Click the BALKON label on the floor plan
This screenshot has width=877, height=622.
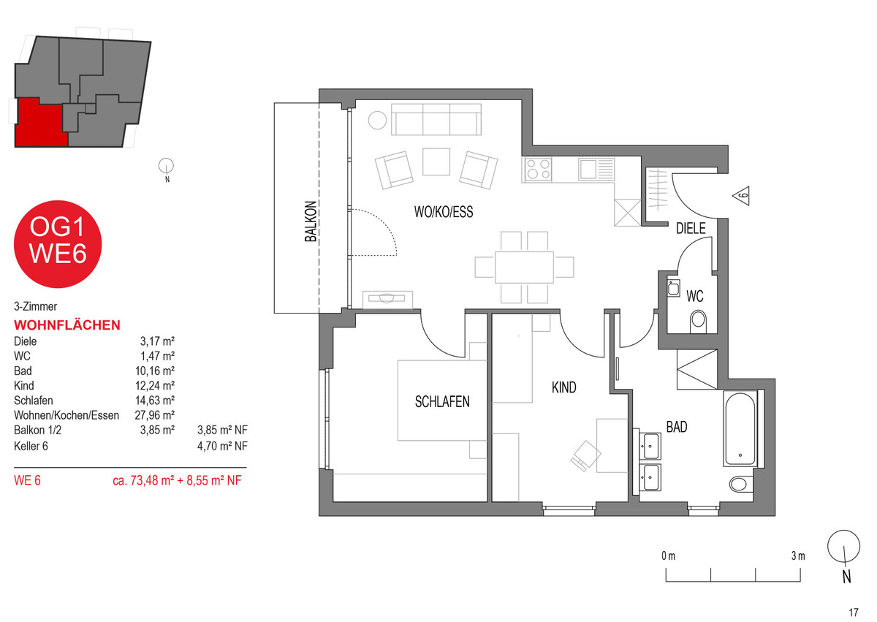pyautogui.click(x=311, y=221)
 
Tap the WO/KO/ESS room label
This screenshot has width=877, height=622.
pyautogui.click(x=444, y=212)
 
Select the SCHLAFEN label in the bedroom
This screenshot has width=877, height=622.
pyautogui.click(x=442, y=401)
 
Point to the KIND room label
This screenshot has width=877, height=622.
pyautogui.click(x=563, y=387)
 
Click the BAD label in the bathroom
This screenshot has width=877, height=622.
pyautogui.click(x=677, y=427)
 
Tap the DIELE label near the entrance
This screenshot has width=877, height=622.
pyautogui.click(x=691, y=228)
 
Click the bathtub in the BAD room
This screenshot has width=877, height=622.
pyautogui.click(x=740, y=428)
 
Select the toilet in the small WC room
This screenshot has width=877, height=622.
pyautogui.click(x=698, y=321)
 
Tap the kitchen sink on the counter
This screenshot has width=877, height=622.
pyautogui.click(x=596, y=169)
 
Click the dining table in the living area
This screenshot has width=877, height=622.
pyautogui.click(x=524, y=268)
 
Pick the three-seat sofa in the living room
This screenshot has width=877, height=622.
pyautogui.click(x=436, y=119)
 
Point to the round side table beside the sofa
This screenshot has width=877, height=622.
pyautogui.click(x=377, y=120)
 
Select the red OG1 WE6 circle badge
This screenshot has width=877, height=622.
pyautogui.click(x=58, y=244)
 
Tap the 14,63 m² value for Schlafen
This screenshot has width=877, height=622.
pyautogui.click(x=155, y=401)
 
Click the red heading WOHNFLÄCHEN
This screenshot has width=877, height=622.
pyautogui.click(x=67, y=325)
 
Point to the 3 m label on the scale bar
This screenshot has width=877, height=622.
pyautogui.click(x=798, y=555)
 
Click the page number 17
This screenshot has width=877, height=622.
pyautogui.click(x=854, y=612)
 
